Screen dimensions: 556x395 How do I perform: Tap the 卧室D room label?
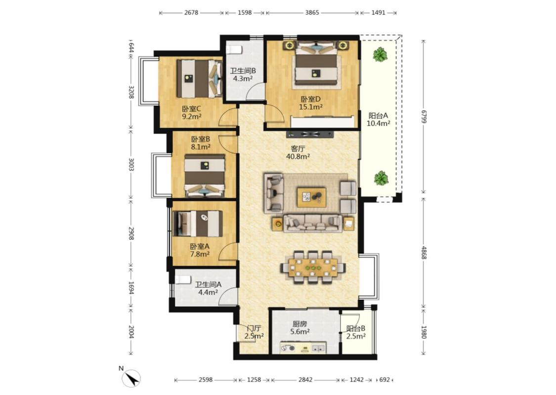pyautogui.click(x=311, y=100)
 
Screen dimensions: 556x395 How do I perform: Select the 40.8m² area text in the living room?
pyautogui.click(x=298, y=156)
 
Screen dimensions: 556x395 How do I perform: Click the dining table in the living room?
pyautogui.click(x=313, y=267)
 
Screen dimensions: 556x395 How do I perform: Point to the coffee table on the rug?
pyautogui.click(x=312, y=196)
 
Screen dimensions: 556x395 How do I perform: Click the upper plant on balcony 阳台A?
pyautogui.click(x=380, y=54)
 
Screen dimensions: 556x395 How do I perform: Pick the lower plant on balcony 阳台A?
pyautogui.click(x=381, y=178)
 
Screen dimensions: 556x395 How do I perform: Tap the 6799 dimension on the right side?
pyautogui.click(x=424, y=116)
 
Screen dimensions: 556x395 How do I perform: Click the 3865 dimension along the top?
pyautogui.click(x=312, y=13)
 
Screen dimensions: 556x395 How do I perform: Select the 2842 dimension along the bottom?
pyautogui.click(x=305, y=380)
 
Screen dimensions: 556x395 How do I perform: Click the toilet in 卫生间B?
pyautogui.click(x=234, y=49)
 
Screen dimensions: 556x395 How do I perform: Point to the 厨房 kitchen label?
pyautogui.click(x=299, y=324)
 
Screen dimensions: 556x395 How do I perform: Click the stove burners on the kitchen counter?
pyautogui.click(x=288, y=348)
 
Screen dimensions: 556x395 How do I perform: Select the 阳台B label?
pyautogui.click(x=356, y=328)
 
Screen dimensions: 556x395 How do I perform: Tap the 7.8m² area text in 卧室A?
pyautogui.click(x=199, y=254)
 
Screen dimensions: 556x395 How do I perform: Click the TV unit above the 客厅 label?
pyautogui.click(x=310, y=134)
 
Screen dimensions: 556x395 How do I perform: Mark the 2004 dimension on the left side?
pyautogui.click(x=131, y=332)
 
